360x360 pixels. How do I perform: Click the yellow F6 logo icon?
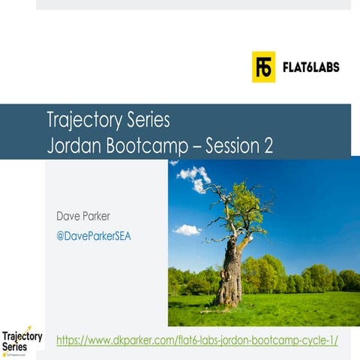point(263,67)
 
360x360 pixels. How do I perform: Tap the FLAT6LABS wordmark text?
point(310,67)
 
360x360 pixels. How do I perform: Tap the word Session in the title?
point(231,145)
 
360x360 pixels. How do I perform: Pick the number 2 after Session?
point(268,145)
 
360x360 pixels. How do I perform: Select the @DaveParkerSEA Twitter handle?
point(94,235)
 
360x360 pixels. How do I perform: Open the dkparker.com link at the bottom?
point(197,340)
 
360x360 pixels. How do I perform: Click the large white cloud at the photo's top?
point(193,177)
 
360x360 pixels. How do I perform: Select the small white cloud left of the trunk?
point(187,229)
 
